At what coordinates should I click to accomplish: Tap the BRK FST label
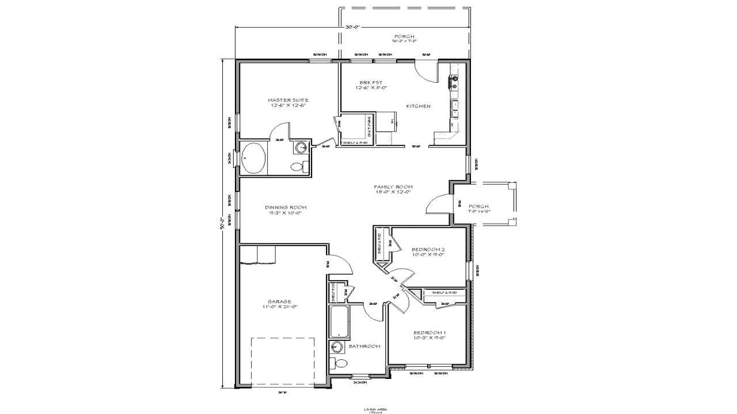click(368, 82)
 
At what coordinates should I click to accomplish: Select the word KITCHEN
click(418, 106)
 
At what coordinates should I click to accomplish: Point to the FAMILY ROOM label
click(393, 187)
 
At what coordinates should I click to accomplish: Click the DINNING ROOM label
click(286, 207)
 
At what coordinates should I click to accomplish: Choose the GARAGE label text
click(279, 301)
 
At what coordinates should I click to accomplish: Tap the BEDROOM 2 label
click(428, 250)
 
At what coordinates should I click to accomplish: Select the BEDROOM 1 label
click(429, 332)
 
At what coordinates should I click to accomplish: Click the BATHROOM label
click(364, 346)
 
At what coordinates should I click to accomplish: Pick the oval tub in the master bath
click(253, 158)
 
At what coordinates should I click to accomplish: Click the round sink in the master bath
click(301, 148)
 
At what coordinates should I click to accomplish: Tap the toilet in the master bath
click(298, 167)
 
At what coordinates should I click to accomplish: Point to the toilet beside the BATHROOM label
click(340, 363)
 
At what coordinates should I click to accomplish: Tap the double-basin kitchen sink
click(454, 108)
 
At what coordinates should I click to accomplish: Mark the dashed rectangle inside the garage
click(283, 362)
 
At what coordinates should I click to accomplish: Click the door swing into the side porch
click(438, 205)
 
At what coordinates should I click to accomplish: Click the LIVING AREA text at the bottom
click(375, 409)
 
